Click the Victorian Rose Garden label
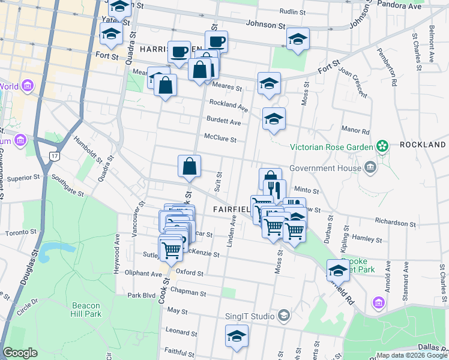tap(331, 146)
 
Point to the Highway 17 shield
tap(53, 156)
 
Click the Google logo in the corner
tap(20, 353)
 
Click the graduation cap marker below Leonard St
tap(237, 337)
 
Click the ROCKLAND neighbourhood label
tap(423, 145)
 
